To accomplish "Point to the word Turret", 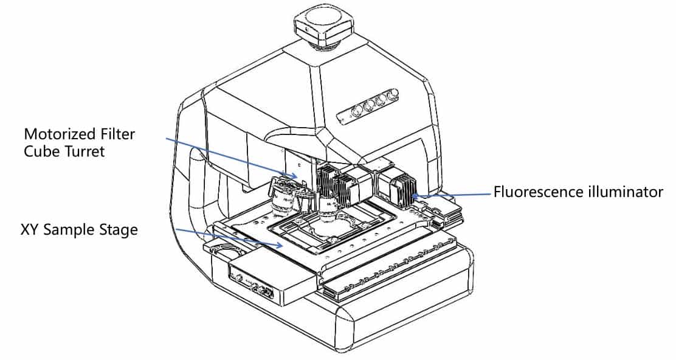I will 84,151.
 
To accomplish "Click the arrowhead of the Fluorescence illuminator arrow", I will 415,196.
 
